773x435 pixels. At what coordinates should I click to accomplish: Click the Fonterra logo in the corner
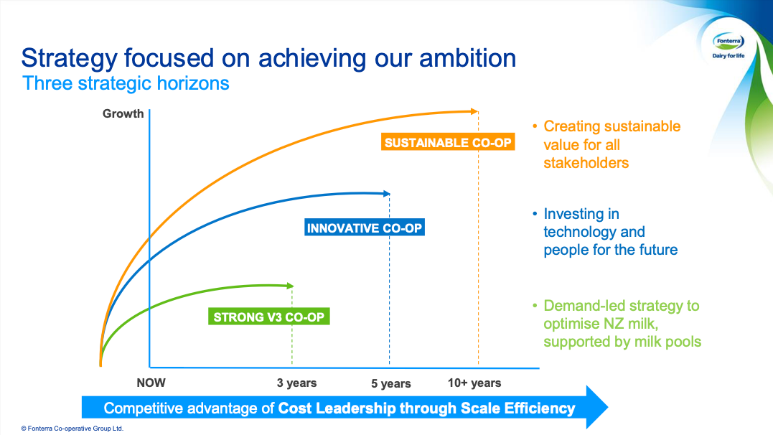[728, 46]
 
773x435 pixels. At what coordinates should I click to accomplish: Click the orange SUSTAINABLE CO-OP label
[448, 142]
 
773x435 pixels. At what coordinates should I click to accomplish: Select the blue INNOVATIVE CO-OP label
[365, 228]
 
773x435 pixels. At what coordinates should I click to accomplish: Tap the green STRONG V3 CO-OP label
[268, 317]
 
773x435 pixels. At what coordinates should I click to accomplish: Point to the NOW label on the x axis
[151, 383]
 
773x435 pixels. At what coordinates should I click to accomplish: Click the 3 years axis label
[296, 383]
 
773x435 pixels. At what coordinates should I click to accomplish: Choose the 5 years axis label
[391, 383]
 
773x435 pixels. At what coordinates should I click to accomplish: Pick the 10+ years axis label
[474, 383]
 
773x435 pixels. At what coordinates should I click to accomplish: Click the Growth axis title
[123, 113]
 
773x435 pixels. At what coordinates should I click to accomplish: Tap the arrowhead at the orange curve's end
[474, 111]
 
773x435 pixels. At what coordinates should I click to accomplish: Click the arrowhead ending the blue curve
[387, 194]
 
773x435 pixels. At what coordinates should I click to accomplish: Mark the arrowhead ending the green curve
[291, 286]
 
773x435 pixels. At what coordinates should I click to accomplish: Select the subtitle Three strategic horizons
[126, 83]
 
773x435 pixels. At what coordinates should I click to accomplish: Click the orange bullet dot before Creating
[535, 126]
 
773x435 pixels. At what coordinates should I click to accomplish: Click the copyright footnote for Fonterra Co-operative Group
[72, 429]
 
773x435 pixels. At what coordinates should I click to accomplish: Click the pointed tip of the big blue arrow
[607, 407]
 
